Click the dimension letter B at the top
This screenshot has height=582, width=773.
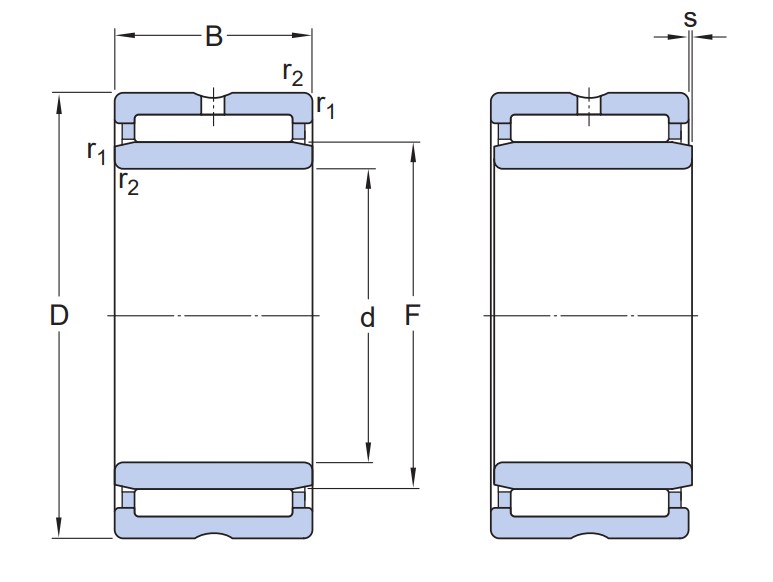[214, 36]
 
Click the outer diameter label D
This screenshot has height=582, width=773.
[59, 315]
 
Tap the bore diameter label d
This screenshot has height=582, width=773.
[367, 318]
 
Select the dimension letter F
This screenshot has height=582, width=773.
[412, 315]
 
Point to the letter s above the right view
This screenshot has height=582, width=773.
[690, 19]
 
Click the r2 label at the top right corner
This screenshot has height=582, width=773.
[293, 74]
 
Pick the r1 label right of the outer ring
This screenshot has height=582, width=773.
[325, 106]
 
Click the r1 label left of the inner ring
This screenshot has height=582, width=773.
[96, 152]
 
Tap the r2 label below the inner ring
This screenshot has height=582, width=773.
[129, 183]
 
